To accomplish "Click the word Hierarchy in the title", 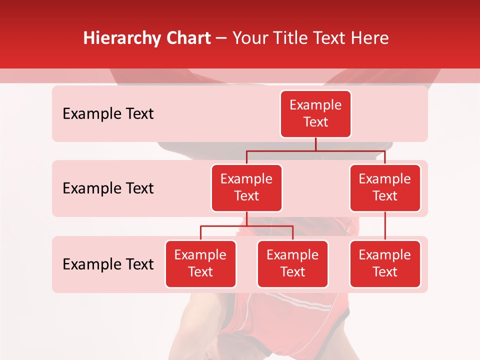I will point(121,38).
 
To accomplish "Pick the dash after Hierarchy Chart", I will point(221,39).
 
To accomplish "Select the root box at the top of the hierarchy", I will point(315,113).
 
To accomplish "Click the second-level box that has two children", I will point(246,187).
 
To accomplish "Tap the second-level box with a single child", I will point(385,187).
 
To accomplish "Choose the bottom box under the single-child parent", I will point(385,263).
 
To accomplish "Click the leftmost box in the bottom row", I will point(200,263).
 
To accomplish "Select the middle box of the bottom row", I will point(292,263).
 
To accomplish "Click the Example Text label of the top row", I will point(108,113).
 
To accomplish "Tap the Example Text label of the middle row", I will point(108,188).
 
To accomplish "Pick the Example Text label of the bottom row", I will point(108,264).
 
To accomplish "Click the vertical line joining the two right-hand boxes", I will point(385,226).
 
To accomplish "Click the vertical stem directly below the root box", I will point(315,144).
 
